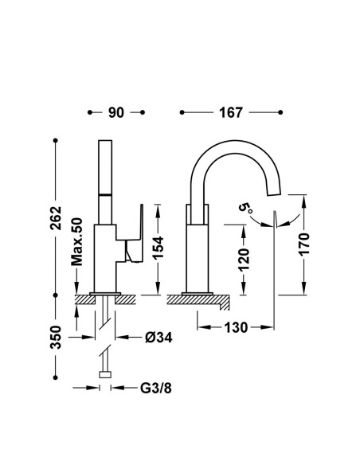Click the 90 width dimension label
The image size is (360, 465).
point(116,113)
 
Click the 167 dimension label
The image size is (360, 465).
point(231,113)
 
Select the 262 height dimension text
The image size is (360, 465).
point(56,218)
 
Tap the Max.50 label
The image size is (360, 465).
point(76,242)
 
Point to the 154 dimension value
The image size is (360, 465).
point(158,248)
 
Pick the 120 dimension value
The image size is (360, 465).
point(244,260)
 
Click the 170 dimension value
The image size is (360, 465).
point(304,244)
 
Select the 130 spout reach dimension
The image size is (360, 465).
point(236,327)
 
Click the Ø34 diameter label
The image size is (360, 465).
point(158,337)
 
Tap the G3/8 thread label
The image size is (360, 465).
point(156,388)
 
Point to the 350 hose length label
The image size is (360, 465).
point(56,338)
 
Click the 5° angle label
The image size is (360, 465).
point(246,207)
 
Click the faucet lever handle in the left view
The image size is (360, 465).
point(135,234)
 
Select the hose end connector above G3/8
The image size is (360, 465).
point(105,375)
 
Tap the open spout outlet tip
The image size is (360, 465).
point(274,193)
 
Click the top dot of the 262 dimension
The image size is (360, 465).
point(55,141)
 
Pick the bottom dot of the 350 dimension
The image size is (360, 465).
point(55,377)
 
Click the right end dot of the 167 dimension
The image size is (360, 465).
point(280,112)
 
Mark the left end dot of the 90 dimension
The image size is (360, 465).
point(90,112)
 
